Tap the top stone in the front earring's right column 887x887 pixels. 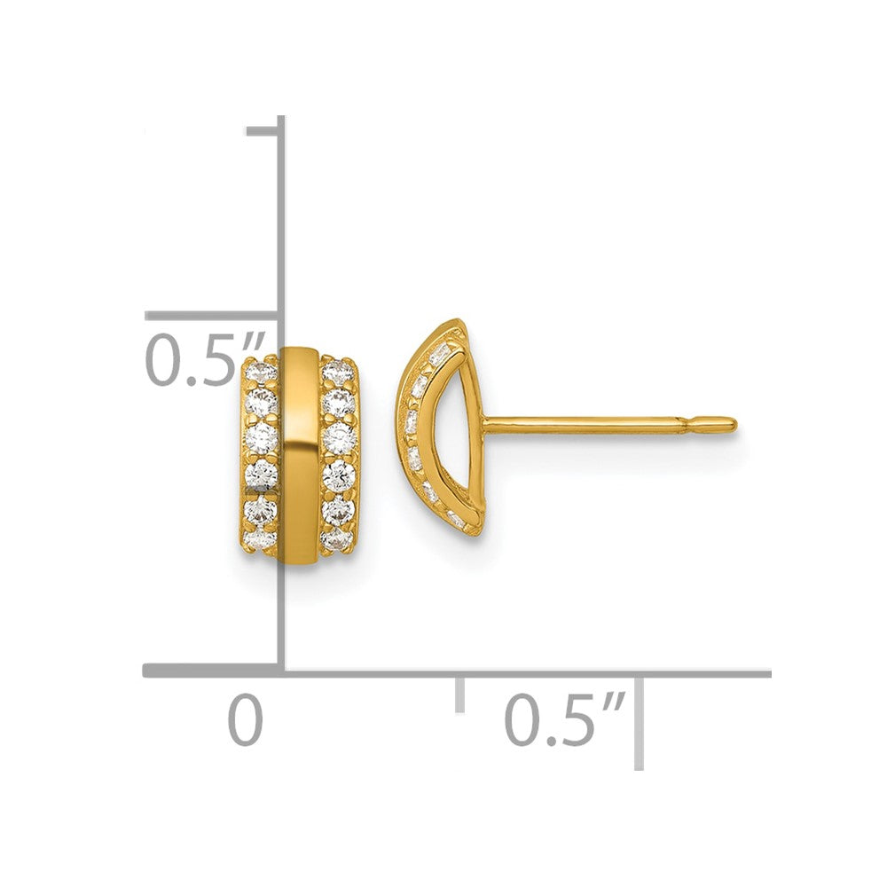(338, 371)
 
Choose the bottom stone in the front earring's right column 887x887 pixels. (336, 539)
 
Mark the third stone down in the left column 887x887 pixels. (261, 436)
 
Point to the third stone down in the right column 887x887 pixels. (340, 436)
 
